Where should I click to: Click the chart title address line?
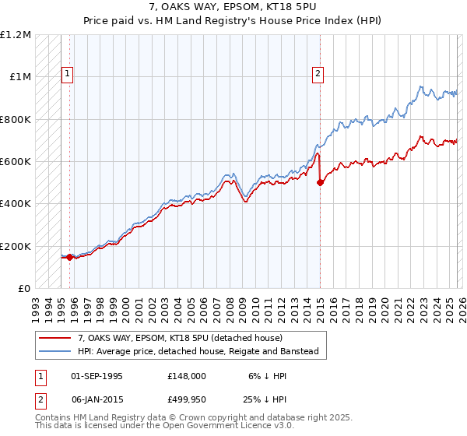click(x=233, y=8)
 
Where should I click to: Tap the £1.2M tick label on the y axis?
click(x=16, y=35)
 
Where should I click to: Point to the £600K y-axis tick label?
click(x=16, y=162)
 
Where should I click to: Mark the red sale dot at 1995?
click(x=70, y=257)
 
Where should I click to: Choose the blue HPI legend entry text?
click(x=198, y=351)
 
